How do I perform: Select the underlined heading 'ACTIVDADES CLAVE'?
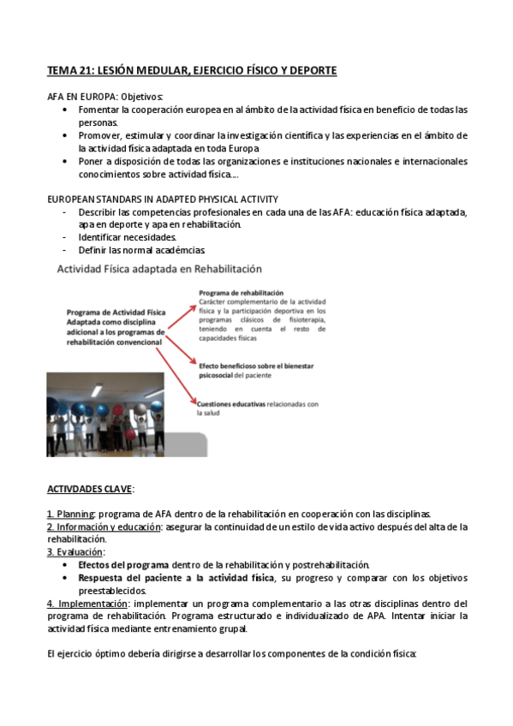(89, 489)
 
